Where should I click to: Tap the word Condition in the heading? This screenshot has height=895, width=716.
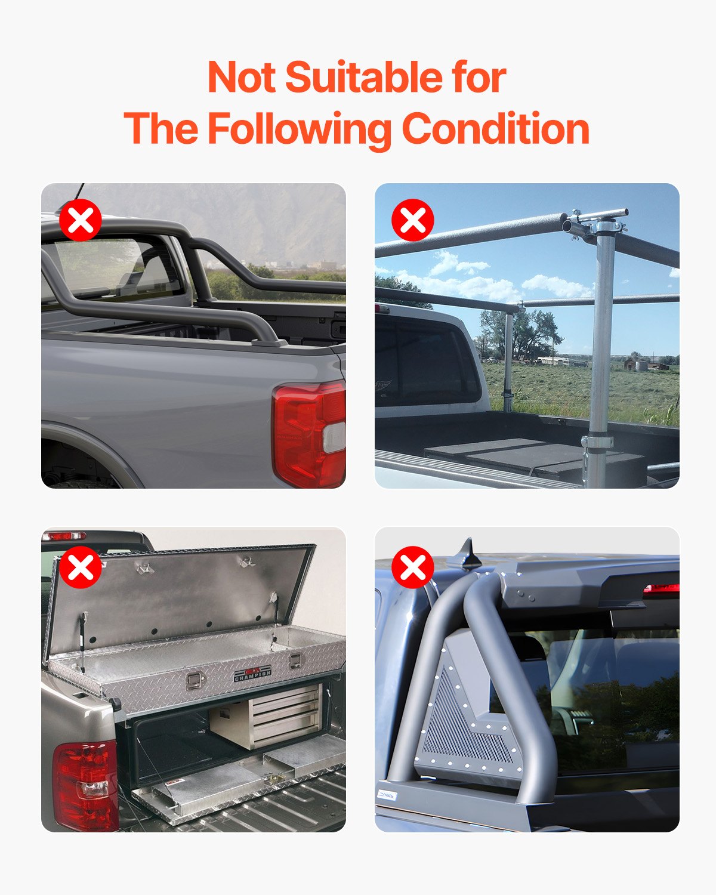[x=495, y=129]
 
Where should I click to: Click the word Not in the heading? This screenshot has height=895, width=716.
[x=241, y=78]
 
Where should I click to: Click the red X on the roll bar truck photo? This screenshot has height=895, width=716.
[x=81, y=220]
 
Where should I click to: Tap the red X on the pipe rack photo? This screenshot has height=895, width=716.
[x=413, y=220]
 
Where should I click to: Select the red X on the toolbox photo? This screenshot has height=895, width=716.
[x=81, y=567]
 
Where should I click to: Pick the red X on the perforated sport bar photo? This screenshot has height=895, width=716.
[x=413, y=567]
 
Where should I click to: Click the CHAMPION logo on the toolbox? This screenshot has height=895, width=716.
[x=252, y=674]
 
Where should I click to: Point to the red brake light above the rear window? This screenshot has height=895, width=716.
[x=661, y=589]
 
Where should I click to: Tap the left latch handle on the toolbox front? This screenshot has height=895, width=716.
[x=194, y=681]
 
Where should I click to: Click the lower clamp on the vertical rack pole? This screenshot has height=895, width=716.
[x=597, y=442]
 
